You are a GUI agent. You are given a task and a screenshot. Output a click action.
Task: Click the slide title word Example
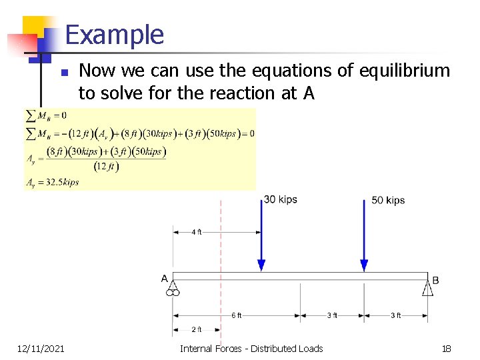click(x=115, y=35)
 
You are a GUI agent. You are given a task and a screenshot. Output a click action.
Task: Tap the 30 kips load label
click(x=281, y=199)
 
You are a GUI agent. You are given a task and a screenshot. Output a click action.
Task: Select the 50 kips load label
click(x=388, y=200)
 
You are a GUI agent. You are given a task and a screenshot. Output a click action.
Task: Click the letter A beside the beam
click(x=165, y=278)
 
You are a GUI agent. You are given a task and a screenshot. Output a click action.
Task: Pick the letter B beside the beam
click(x=435, y=280)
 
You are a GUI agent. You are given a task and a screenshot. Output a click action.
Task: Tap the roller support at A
click(x=173, y=288)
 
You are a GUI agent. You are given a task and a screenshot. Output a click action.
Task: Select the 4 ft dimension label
click(x=197, y=232)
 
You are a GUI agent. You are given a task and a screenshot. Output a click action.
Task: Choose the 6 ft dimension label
click(x=237, y=315)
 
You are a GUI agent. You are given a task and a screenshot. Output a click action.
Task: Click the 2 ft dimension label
click(x=197, y=329)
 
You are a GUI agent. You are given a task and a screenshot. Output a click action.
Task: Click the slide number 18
click(x=447, y=348)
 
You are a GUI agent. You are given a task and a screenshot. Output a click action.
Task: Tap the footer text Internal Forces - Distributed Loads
click(x=251, y=348)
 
